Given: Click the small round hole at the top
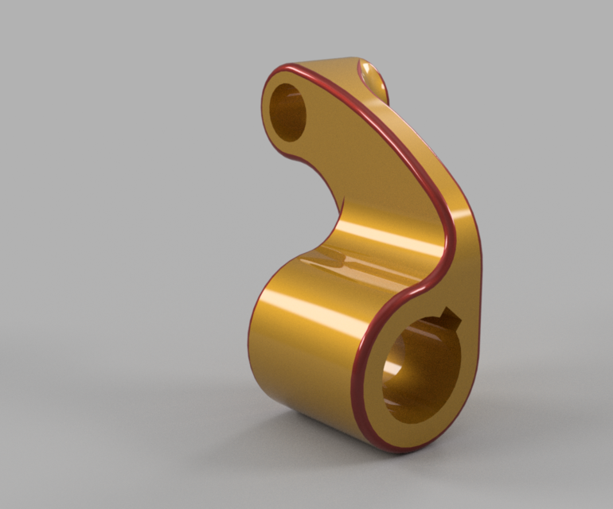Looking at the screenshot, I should tap(287, 112).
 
